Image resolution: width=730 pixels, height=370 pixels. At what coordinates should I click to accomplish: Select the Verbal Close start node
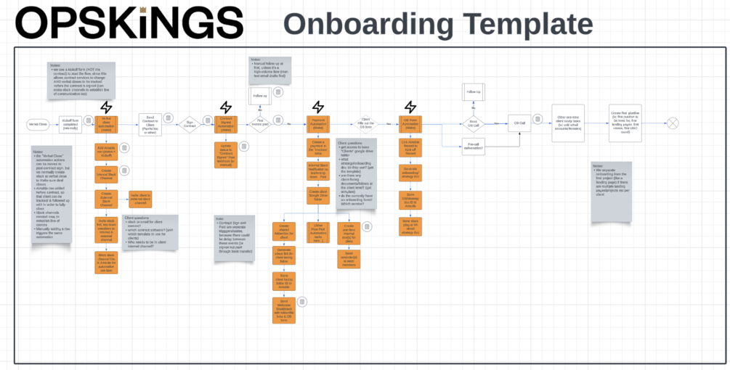coord(38,125)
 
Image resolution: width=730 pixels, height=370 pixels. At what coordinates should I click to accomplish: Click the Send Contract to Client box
coord(150,125)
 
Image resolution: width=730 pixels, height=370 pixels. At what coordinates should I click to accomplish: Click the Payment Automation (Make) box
coord(318,124)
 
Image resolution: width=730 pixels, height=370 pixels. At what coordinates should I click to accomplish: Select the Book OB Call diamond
coord(473,123)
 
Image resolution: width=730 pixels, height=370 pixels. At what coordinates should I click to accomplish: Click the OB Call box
coord(519,124)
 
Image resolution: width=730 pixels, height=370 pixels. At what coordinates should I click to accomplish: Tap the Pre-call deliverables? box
coord(473,148)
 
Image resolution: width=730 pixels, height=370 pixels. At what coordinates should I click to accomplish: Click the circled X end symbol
coord(673,124)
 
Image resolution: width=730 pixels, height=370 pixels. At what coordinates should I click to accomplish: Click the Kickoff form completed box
coord(69,125)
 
